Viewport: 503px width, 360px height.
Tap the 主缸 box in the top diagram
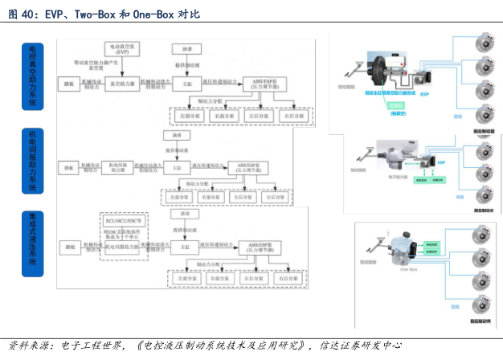coord(186,83)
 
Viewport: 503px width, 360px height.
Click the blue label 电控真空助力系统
coord(33,77)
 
